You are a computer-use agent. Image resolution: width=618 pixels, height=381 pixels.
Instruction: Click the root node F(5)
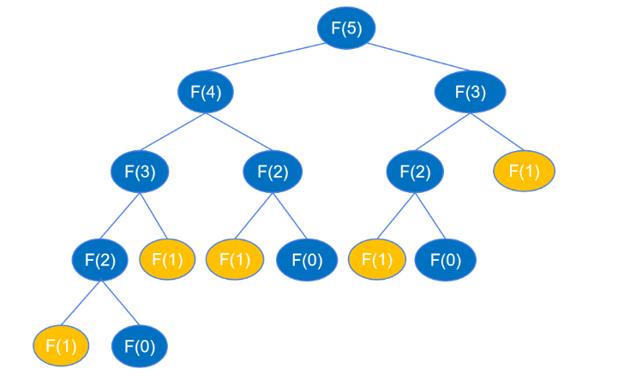tap(346, 28)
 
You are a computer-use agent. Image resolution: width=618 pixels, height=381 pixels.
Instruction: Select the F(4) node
tap(207, 91)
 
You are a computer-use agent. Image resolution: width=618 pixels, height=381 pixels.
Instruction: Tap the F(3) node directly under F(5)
tap(471, 91)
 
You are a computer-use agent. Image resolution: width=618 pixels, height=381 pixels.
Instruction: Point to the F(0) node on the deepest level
tap(140, 347)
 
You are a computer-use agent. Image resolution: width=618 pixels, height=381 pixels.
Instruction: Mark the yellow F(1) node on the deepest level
tap(62, 347)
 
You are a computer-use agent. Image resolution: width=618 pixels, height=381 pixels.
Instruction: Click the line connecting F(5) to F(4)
tap(274, 60)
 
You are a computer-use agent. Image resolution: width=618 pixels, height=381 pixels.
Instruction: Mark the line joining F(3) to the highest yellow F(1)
tap(499, 133)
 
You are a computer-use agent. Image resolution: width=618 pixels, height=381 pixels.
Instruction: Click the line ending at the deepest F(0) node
tap(121, 304)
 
